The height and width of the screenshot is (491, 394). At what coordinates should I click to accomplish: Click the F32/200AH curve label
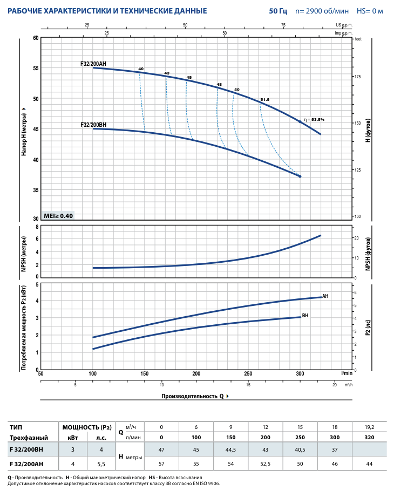(x=93, y=64)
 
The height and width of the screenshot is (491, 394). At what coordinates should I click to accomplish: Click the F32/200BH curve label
(x=93, y=125)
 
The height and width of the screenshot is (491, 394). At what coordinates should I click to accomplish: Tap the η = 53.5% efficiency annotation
(x=314, y=119)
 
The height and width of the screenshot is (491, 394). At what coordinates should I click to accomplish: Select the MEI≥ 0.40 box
(x=58, y=215)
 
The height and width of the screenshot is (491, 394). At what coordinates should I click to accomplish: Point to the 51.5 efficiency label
(x=264, y=100)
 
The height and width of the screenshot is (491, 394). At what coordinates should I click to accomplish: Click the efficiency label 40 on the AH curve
(x=141, y=69)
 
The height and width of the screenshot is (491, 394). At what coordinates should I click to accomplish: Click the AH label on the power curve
(x=325, y=296)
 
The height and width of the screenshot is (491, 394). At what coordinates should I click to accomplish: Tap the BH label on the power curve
(x=305, y=316)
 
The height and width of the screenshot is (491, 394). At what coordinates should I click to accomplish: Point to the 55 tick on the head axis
(x=36, y=69)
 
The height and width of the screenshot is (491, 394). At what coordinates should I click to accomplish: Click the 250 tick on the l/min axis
(x=248, y=373)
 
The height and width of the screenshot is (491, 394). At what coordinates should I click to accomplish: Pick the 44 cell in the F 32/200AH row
(x=369, y=464)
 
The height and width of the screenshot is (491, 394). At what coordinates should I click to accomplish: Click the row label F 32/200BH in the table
(x=26, y=449)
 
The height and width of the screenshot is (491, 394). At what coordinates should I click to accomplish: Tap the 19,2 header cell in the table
(x=369, y=427)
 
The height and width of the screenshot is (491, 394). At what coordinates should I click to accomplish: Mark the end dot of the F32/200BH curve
(x=300, y=176)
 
